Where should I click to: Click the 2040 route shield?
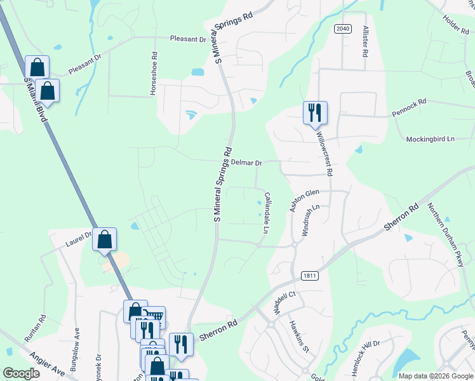point(342,29)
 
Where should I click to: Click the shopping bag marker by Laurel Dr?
point(105,240)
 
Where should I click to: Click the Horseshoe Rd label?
point(153,74)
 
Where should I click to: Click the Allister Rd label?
point(365,43)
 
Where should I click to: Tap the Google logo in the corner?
point(21,373)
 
